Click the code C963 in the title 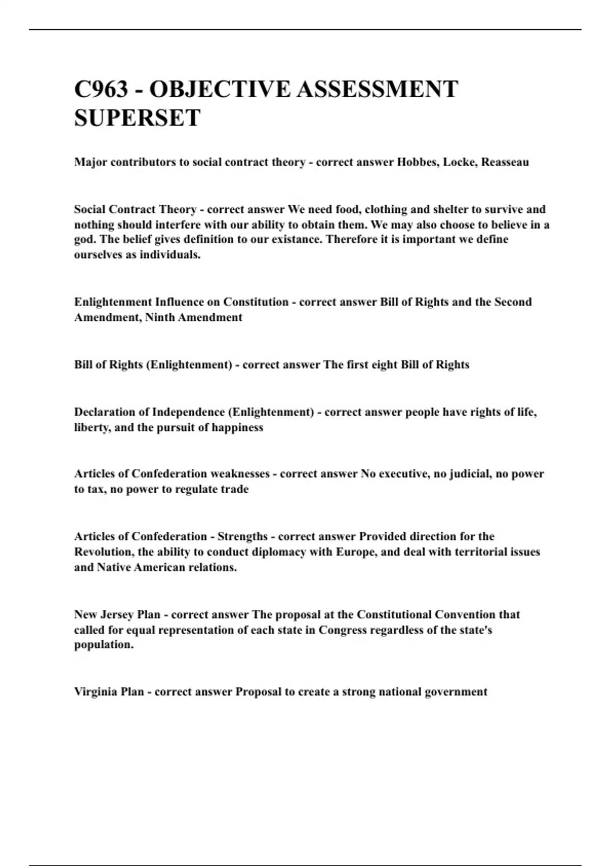point(101,89)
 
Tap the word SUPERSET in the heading point(137,118)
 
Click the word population point(103,645)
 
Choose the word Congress point(343,630)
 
